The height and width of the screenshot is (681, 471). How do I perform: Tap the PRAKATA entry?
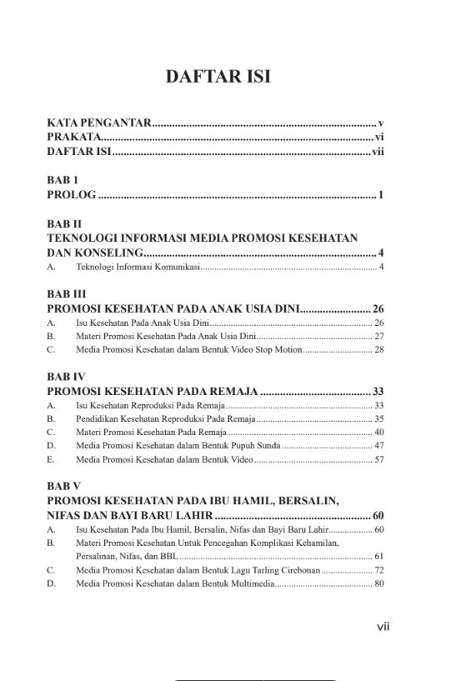[74, 138]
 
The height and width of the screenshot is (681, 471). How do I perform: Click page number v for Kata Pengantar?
[380, 123]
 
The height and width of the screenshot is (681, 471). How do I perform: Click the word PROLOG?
[72, 196]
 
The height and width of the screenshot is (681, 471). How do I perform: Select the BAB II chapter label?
[65, 223]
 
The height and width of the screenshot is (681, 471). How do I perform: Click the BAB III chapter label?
[67, 293]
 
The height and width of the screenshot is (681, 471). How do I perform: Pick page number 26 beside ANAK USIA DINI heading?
[378, 308]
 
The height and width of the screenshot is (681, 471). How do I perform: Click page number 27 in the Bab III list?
[378, 336]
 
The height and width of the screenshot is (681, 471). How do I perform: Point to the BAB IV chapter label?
[66, 376]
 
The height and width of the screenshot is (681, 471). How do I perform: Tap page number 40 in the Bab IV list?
[378, 432]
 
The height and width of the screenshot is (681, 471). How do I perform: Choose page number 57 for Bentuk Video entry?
[378, 460]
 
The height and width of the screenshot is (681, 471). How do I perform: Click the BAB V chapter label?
[63, 485]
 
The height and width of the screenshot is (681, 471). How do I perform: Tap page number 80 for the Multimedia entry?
[378, 583]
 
